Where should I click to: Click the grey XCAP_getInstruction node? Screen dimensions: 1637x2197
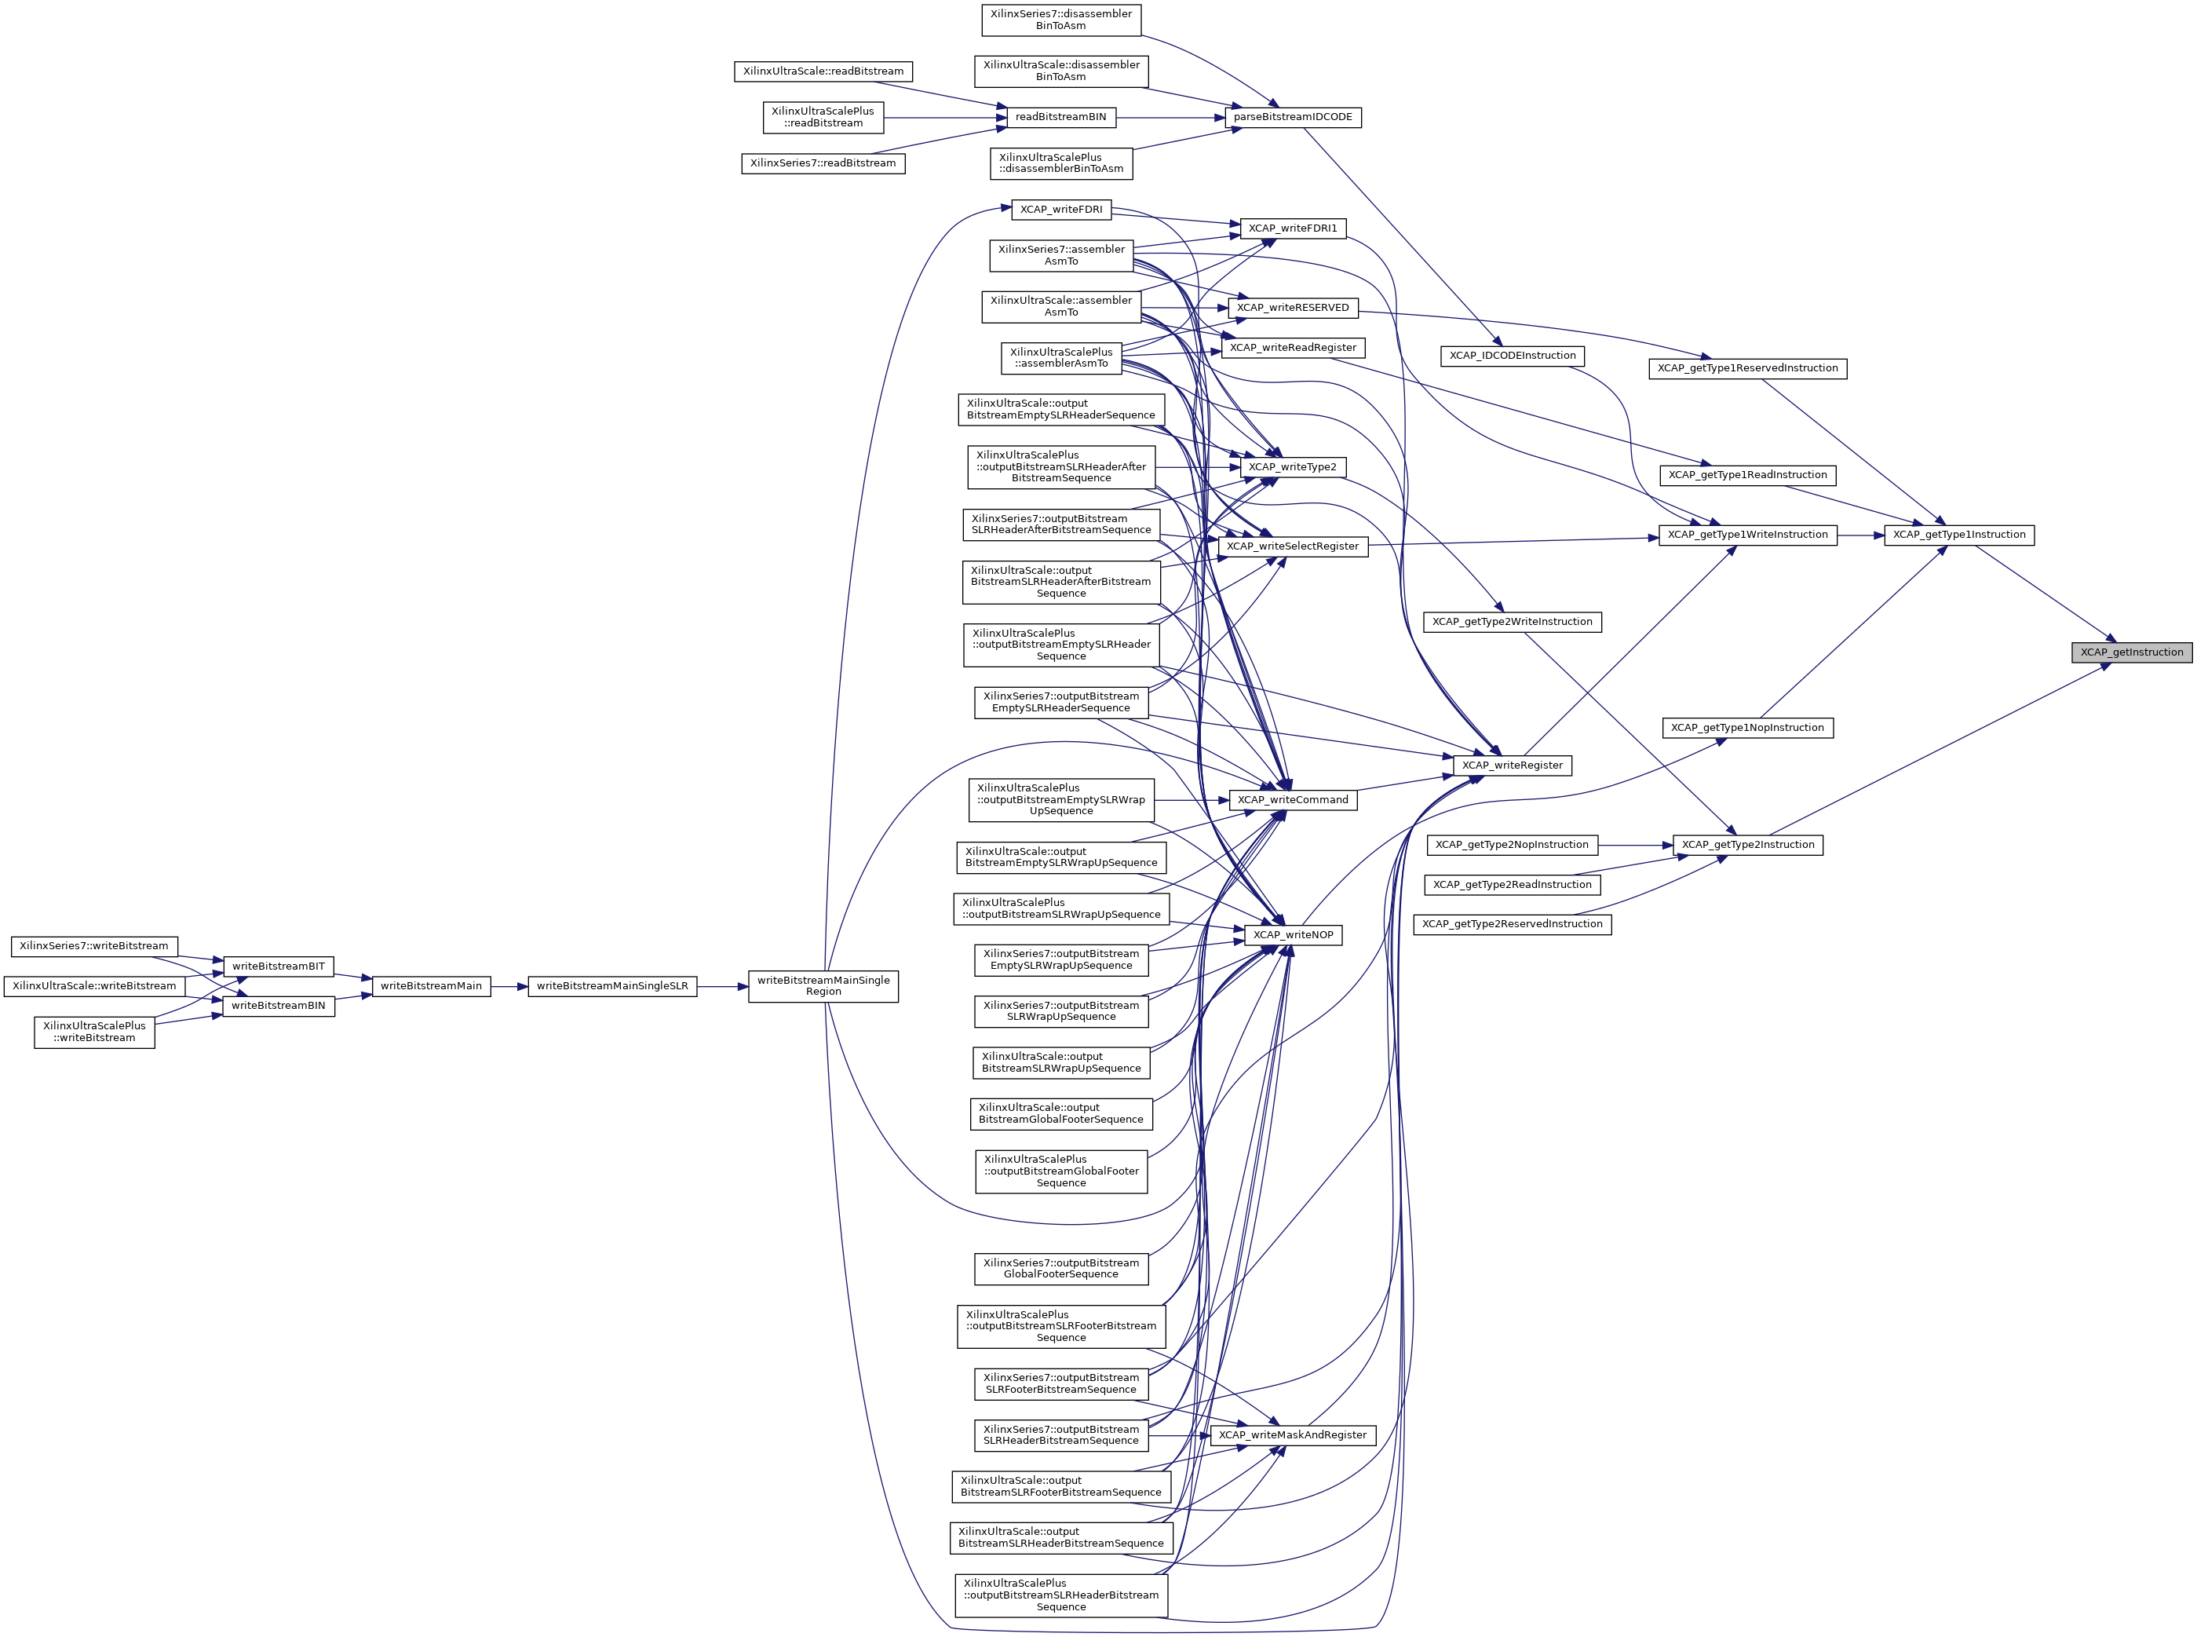(2130, 652)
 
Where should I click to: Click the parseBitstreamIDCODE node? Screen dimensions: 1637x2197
(1292, 117)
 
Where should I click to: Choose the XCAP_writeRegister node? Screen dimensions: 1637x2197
(1512, 765)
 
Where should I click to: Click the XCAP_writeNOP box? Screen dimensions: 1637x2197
(1293, 934)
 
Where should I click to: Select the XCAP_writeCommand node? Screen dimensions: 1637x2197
(1292, 800)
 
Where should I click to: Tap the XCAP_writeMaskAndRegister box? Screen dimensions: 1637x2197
(1292, 1435)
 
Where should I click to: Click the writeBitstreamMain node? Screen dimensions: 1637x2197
(431, 986)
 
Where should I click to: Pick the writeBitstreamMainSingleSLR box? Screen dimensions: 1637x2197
(611, 986)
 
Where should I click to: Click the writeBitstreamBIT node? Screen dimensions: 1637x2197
(279, 966)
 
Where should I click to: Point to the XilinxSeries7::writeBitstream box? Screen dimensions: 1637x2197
(94, 946)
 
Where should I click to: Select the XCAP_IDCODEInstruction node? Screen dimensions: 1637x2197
(1512, 356)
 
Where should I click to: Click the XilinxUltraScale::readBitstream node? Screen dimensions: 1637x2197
(823, 71)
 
